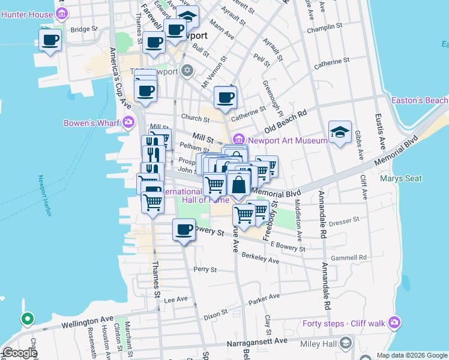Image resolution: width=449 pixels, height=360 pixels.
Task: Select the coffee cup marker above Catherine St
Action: [x=225, y=97]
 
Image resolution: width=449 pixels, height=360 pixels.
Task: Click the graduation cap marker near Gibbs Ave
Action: [x=340, y=133]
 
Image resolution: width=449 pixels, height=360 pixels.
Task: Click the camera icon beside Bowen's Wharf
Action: [x=128, y=123]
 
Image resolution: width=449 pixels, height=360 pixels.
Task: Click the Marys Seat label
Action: [x=401, y=178]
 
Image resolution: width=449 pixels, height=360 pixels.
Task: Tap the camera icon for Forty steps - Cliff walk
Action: [x=394, y=323]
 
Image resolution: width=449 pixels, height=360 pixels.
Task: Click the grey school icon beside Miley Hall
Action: [x=346, y=343]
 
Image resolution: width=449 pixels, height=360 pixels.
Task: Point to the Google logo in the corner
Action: [x=20, y=353]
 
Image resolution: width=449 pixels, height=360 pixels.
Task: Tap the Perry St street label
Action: [x=205, y=270]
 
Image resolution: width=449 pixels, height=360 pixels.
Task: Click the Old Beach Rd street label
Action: [x=285, y=120]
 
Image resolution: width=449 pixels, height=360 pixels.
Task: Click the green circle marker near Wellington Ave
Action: [x=26, y=319]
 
